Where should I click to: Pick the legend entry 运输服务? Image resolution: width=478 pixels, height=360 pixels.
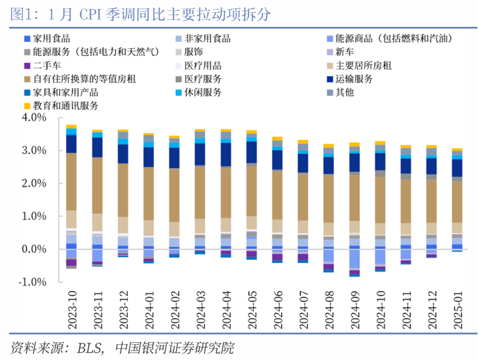[x=355, y=79]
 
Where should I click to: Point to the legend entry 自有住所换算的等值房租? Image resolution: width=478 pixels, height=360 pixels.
[x=75, y=79]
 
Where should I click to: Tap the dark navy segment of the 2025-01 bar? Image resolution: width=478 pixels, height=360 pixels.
[x=457, y=168]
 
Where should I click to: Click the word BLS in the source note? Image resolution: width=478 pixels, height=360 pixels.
[x=90, y=348]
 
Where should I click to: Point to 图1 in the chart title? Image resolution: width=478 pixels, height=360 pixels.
[x=21, y=13]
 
